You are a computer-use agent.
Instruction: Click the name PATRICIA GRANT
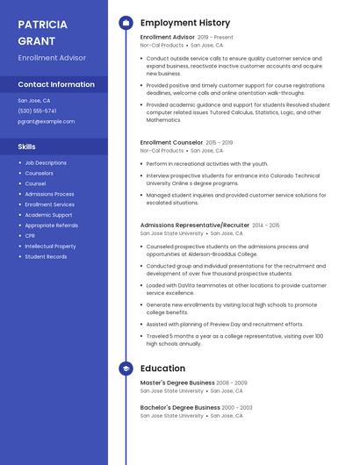pyautogui.click(x=42, y=32)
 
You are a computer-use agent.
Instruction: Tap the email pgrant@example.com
pyautogui.click(x=46, y=121)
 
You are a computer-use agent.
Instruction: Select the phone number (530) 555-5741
pyautogui.click(x=37, y=111)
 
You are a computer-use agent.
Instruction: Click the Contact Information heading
pyautogui.click(x=56, y=84)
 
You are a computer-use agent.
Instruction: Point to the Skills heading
pyautogui.click(x=27, y=147)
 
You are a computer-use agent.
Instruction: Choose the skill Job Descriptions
pyautogui.click(x=46, y=162)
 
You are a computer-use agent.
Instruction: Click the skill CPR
pyautogui.click(x=30, y=236)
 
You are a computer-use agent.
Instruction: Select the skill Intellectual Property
pyautogui.click(x=50, y=247)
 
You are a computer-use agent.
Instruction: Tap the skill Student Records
pyautogui.click(x=46, y=257)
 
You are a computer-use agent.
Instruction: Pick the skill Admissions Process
pyautogui.click(x=49, y=194)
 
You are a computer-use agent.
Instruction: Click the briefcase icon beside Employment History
pyautogui.click(x=126, y=23)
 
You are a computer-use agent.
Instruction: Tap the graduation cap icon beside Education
pyautogui.click(x=126, y=368)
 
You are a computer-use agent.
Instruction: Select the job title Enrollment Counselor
pyautogui.click(x=171, y=142)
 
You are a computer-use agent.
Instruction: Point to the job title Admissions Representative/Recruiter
pyautogui.click(x=194, y=225)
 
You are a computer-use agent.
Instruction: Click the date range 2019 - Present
pyautogui.click(x=215, y=38)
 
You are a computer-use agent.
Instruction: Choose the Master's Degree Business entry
pyautogui.click(x=177, y=383)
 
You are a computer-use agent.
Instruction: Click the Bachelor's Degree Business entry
pyautogui.click(x=180, y=407)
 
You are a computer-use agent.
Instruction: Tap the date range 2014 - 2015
pyautogui.click(x=266, y=225)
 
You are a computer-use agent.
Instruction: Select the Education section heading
pyautogui.click(x=162, y=368)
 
